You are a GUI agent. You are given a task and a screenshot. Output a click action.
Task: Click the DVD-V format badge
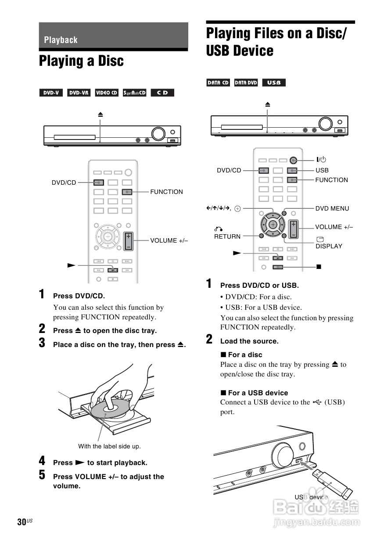[x=51, y=93]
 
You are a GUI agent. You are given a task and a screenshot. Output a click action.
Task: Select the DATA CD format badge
[x=218, y=82]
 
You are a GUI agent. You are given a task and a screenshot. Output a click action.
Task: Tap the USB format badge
[x=274, y=82]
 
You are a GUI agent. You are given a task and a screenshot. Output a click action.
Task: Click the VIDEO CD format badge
[x=107, y=93]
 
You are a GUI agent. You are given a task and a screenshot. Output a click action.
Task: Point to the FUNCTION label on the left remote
[x=166, y=192]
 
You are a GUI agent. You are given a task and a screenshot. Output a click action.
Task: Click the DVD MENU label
[x=332, y=208]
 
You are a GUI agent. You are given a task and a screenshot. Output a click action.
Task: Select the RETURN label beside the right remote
[x=227, y=236]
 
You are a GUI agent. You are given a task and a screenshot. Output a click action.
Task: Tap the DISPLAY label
[x=329, y=246]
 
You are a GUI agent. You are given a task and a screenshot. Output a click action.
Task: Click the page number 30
[x=22, y=522]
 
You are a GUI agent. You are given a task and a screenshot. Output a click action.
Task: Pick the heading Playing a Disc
[x=81, y=61]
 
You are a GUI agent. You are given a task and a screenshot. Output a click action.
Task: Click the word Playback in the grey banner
[x=61, y=40]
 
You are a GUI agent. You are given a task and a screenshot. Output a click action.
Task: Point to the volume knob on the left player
[x=158, y=133]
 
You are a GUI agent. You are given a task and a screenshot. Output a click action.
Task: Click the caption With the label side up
[x=109, y=446]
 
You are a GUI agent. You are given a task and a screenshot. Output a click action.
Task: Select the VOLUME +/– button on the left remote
[x=128, y=241]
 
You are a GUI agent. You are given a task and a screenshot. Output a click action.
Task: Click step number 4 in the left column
[x=42, y=461]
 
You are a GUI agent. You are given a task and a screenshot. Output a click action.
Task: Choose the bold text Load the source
[x=249, y=341]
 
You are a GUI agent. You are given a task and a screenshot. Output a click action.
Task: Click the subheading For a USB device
[x=258, y=393]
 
